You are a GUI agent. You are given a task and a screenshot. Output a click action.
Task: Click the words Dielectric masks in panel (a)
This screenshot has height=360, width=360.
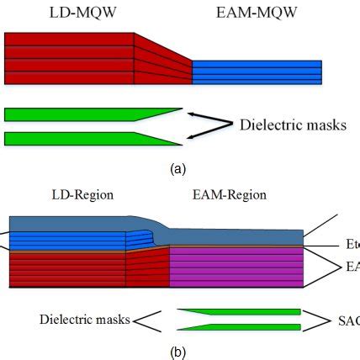pyautogui.click(x=292, y=125)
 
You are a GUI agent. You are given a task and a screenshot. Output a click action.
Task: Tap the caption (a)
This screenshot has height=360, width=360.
pyautogui.click(x=178, y=169)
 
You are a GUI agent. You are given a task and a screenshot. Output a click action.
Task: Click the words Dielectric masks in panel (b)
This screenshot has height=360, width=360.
pyautogui.click(x=84, y=320)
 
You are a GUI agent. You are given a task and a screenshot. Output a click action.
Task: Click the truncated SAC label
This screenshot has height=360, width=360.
pyautogui.click(x=348, y=320)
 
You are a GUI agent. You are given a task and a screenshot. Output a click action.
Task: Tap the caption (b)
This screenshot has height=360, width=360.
pyautogui.click(x=178, y=352)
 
